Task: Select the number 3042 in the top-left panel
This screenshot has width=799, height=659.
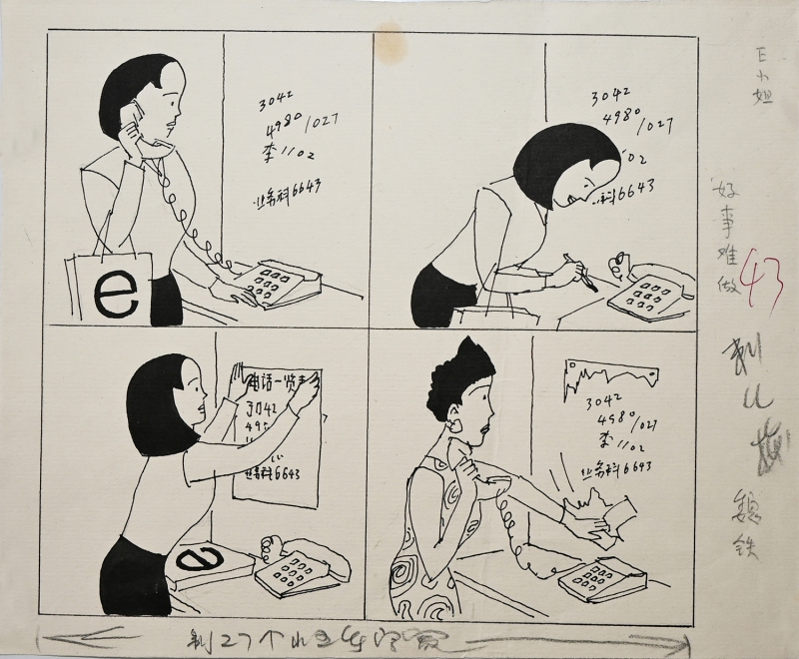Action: (x=276, y=100)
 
